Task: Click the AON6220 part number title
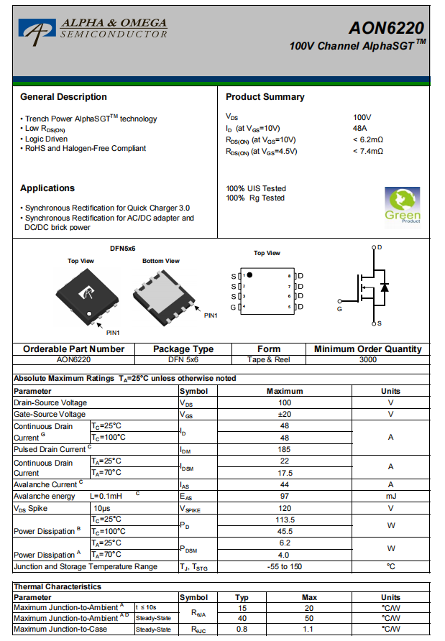[x=386, y=28]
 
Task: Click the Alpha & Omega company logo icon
[x=37, y=29]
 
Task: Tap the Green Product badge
[x=403, y=206]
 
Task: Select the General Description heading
[x=63, y=97]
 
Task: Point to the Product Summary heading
[x=265, y=97]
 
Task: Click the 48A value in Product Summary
[x=360, y=128]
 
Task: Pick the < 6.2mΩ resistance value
[x=368, y=139]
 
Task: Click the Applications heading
[x=47, y=188]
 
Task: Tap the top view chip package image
[x=84, y=295]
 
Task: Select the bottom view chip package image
[x=164, y=292]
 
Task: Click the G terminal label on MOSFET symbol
[x=339, y=309]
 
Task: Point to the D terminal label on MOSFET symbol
[x=380, y=247]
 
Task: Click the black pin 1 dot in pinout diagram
[x=249, y=275]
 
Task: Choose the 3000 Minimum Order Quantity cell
[x=367, y=359]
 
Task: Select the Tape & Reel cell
[x=269, y=359]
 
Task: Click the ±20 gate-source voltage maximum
[x=285, y=415]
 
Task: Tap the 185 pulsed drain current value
[x=285, y=449]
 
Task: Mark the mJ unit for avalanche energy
[x=390, y=497]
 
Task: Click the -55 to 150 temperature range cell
[x=285, y=566]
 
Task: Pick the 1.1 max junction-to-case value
[x=309, y=630]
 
